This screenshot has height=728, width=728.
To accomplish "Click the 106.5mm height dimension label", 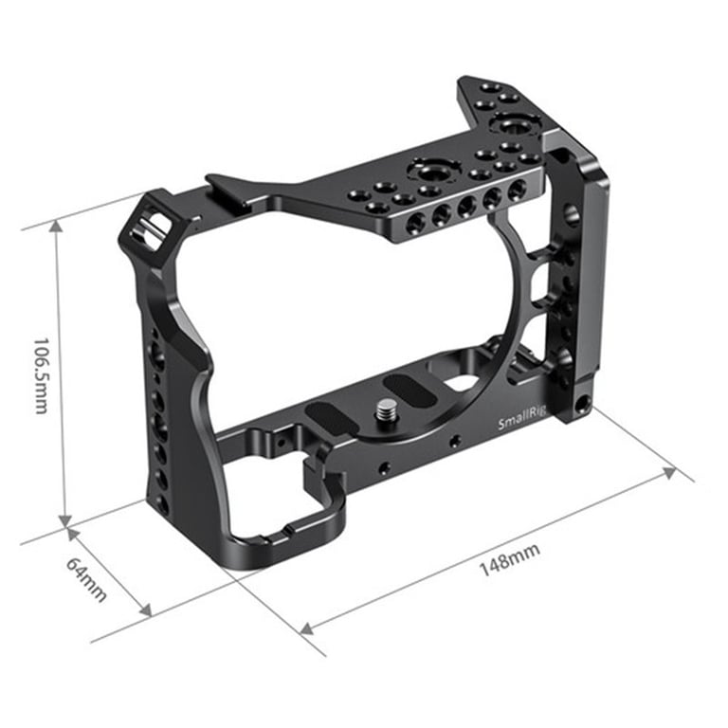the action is coord(41,375).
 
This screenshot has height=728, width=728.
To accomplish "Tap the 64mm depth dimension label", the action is coord(86,579).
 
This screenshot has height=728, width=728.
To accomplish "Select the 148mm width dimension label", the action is coord(509,560).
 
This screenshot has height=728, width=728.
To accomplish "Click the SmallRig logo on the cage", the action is coord(521,417).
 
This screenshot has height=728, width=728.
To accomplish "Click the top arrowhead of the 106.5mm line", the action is coord(57,227).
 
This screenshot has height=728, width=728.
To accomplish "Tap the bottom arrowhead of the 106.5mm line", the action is coord(65,520).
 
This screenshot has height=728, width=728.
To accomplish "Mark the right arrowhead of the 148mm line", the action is coord(668,473).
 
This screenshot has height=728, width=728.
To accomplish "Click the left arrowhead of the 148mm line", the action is coord(307,628).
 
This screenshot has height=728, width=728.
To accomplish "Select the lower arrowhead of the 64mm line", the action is coord(146,610).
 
